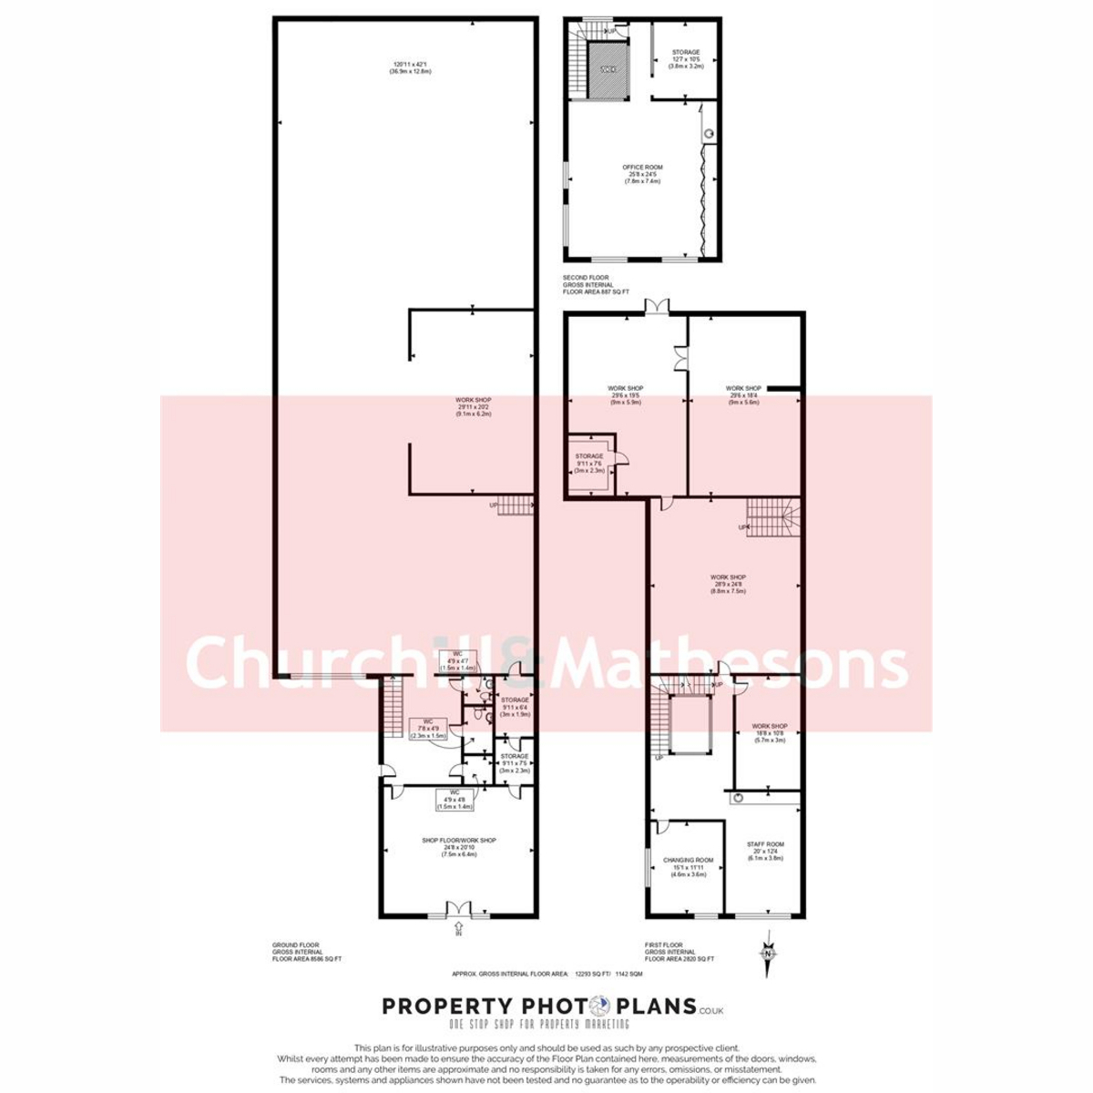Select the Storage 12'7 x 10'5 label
[x=686, y=59]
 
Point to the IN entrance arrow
[x=459, y=930]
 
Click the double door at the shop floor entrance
[x=459, y=908]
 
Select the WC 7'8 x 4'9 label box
[x=428, y=729]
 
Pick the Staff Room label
[x=765, y=851]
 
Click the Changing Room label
[x=688, y=866]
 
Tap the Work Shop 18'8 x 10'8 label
[x=769, y=732]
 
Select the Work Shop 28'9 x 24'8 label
[x=728, y=583]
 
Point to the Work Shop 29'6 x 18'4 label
[x=743, y=394]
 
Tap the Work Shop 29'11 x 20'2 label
[x=474, y=406]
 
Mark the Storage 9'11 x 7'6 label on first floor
[x=588, y=463]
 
